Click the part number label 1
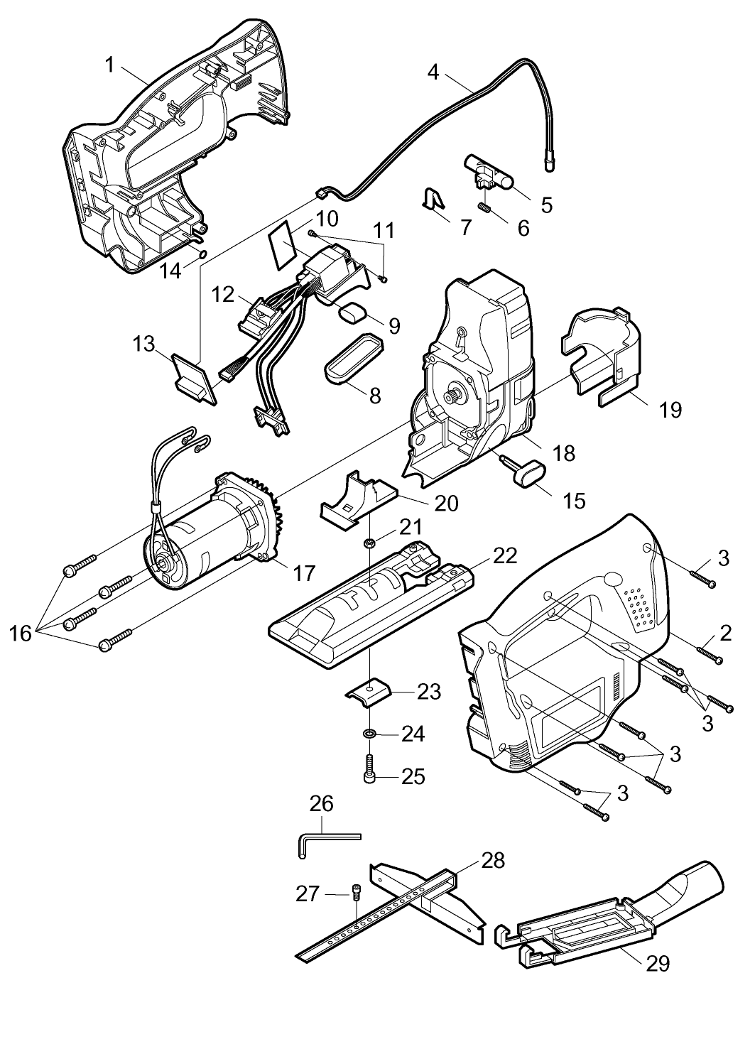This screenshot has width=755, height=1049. coord(110,65)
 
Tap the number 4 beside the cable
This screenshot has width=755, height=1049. coord(433,72)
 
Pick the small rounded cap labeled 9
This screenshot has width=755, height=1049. coord(354,312)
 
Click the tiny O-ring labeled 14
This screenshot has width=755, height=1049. coord(203,254)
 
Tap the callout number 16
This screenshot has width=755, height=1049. coord(20,634)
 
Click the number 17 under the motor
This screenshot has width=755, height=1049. coord(304,572)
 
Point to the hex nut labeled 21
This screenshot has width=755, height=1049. coord(369,543)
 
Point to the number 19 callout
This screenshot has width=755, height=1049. coord(670,410)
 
